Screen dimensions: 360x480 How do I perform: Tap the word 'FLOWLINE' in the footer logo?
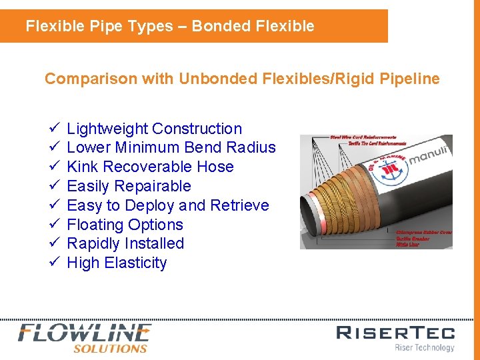click(85, 333)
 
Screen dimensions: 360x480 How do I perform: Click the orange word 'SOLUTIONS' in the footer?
click(110, 348)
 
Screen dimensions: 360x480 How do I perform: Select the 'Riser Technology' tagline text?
click(424, 347)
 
